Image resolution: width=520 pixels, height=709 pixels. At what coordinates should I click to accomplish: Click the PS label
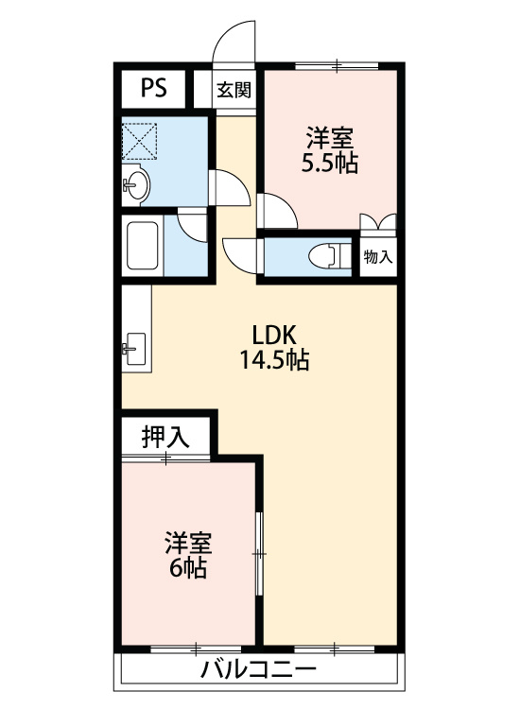tap(154, 88)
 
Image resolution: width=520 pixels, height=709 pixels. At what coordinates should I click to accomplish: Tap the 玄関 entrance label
tap(234, 90)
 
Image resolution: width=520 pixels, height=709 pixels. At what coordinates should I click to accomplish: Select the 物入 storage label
tap(378, 257)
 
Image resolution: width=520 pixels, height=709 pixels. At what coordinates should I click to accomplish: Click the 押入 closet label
tap(165, 438)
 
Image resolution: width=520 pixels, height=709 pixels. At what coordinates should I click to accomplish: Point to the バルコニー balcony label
tap(258, 669)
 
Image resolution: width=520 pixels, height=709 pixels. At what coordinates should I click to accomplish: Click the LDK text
tap(274, 336)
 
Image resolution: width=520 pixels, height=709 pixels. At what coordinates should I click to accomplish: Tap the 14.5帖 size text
tap(274, 360)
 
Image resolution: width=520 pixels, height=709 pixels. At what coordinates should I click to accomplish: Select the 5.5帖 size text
tap(330, 164)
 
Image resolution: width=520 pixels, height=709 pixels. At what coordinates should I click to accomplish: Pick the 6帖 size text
tap(188, 568)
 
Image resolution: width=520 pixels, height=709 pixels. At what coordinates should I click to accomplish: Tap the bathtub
tap(143, 246)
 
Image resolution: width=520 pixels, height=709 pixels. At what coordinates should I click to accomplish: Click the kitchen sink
tap(135, 349)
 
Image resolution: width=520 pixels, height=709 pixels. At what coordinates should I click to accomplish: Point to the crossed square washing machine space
tap(140, 141)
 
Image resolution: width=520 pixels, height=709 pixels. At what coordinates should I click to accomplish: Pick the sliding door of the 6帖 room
tap(260, 553)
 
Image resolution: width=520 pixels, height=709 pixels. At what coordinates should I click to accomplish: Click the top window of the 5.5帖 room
tap(337, 66)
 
